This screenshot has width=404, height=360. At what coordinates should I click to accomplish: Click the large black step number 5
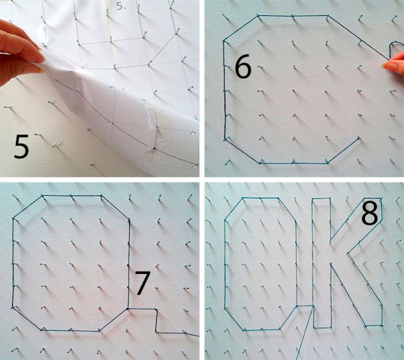pyautogui.click(x=21, y=146)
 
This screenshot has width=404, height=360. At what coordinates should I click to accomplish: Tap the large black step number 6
pyautogui.click(x=243, y=66)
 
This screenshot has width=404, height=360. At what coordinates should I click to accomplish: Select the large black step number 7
pyautogui.click(x=143, y=283)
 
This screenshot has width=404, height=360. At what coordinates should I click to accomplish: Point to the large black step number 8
pyautogui.click(x=370, y=213)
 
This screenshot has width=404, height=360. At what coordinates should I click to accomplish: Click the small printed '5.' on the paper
pyautogui.click(x=121, y=6)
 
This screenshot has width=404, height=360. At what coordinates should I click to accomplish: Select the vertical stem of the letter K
pyautogui.click(x=321, y=263)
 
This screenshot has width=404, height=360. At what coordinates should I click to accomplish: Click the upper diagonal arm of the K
pyautogui.click(x=356, y=218)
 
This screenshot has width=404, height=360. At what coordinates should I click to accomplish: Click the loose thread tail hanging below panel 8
pyautogui.click(x=305, y=333)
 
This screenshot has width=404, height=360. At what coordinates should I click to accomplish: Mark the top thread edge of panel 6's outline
pyautogui.click(x=293, y=16)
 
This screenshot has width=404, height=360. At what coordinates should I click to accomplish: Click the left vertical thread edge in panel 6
pyautogui.click(x=225, y=90)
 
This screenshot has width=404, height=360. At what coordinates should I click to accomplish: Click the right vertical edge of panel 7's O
pyautogui.click(x=129, y=263)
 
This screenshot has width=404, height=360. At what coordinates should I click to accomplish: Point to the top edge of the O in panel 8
pyautogui.click(x=260, y=198)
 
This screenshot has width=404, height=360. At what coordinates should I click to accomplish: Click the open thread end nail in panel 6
pyautogui.click(x=358, y=139)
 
